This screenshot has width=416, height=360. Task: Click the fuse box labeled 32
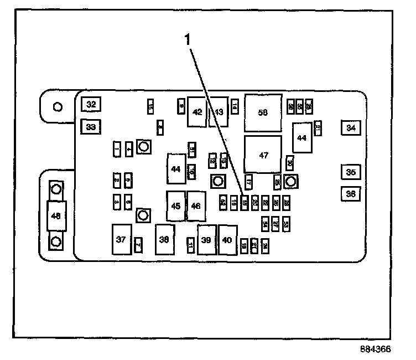[x=91, y=104]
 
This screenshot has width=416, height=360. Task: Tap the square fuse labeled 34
[x=351, y=128]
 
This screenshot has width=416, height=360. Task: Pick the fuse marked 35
[x=351, y=172]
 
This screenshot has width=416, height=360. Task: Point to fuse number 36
[x=351, y=194]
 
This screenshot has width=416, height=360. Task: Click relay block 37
[x=121, y=239]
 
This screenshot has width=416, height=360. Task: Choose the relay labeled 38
[x=164, y=239]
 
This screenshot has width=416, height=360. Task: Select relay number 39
[x=206, y=240]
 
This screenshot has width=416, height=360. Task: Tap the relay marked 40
[x=227, y=240]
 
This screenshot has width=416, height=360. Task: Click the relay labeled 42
[x=197, y=112]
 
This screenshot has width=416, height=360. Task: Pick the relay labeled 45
[x=176, y=206]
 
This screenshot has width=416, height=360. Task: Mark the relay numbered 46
[x=196, y=206]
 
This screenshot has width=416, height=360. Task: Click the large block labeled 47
[x=263, y=155]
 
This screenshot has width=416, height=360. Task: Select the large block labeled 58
[x=263, y=112]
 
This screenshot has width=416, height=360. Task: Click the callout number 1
[x=188, y=39]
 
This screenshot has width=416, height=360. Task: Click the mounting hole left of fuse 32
[x=57, y=106]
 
